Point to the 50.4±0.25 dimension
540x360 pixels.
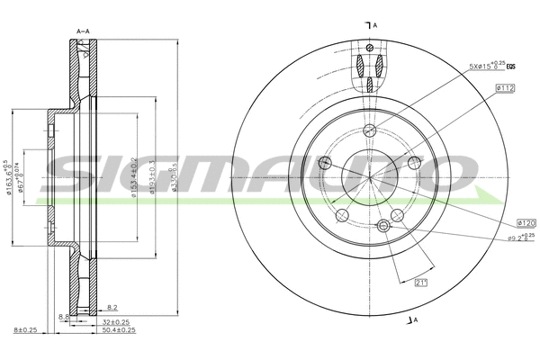point(117,330)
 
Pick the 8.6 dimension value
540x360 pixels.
point(63,318)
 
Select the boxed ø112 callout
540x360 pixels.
point(504,87)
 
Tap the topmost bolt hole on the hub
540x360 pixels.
point(370,130)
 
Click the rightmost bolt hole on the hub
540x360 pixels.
point(413,162)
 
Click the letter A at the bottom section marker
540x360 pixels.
point(417,319)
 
